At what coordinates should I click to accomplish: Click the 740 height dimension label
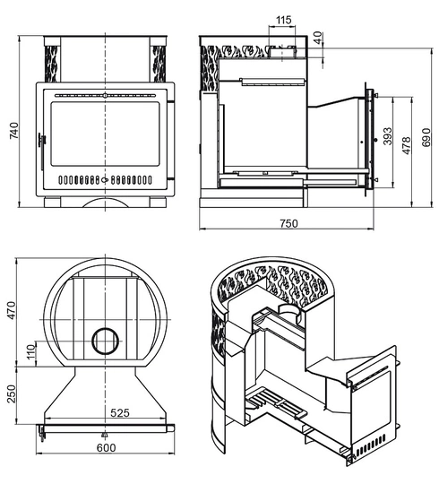(x=14, y=131)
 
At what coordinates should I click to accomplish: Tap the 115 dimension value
(x=283, y=20)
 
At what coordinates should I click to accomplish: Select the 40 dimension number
(x=318, y=38)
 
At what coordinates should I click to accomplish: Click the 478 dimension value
(x=407, y=145)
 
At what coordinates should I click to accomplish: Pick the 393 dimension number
(x=388, y=136)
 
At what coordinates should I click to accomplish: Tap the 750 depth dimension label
(x=289, y=223)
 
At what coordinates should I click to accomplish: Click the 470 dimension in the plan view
(x=11, y=310)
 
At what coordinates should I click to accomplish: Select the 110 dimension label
(x=31, y=352)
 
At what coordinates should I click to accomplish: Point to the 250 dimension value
(x=11, y=393)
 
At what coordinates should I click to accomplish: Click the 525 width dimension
(x=120, y=412)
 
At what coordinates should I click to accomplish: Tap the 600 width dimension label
(x=106, y=447)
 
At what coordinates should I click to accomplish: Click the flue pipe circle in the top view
(x=105, y=329)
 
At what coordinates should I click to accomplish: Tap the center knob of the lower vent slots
(x=105, y=179)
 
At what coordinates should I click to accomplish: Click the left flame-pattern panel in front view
(x=52, y=64)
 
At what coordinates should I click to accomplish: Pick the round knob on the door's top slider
(x=105, y=95)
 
